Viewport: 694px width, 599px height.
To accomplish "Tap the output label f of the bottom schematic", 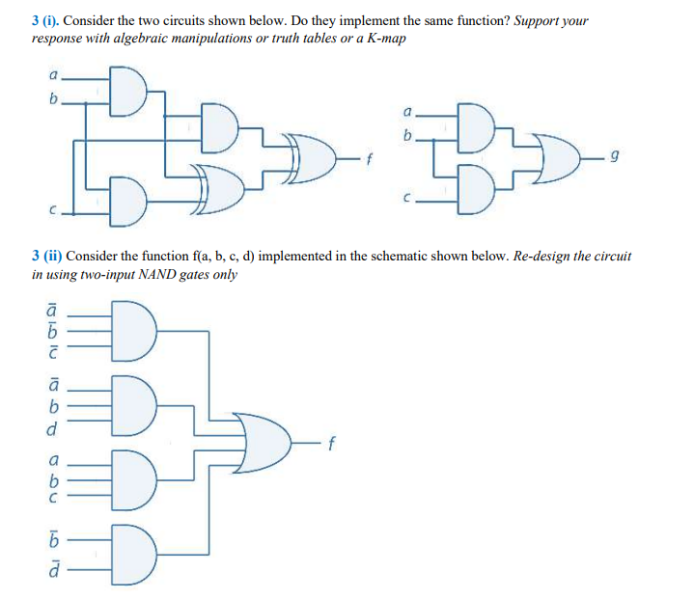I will [x=331, y=445].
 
